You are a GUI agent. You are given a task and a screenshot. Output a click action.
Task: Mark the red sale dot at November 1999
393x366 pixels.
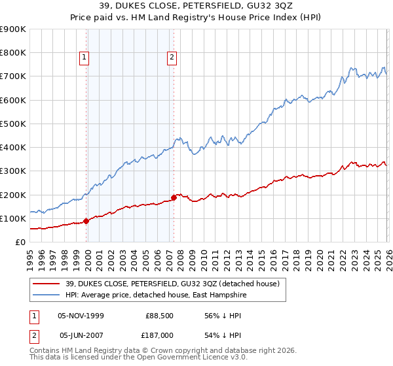pyautogui.click(x=86, y=221)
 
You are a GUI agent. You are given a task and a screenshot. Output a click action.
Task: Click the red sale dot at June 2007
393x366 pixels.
pyautogui.click(x=174, y=197)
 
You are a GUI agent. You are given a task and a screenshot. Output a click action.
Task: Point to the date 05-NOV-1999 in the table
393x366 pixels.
pyautogui.click(x=81, y=314)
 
